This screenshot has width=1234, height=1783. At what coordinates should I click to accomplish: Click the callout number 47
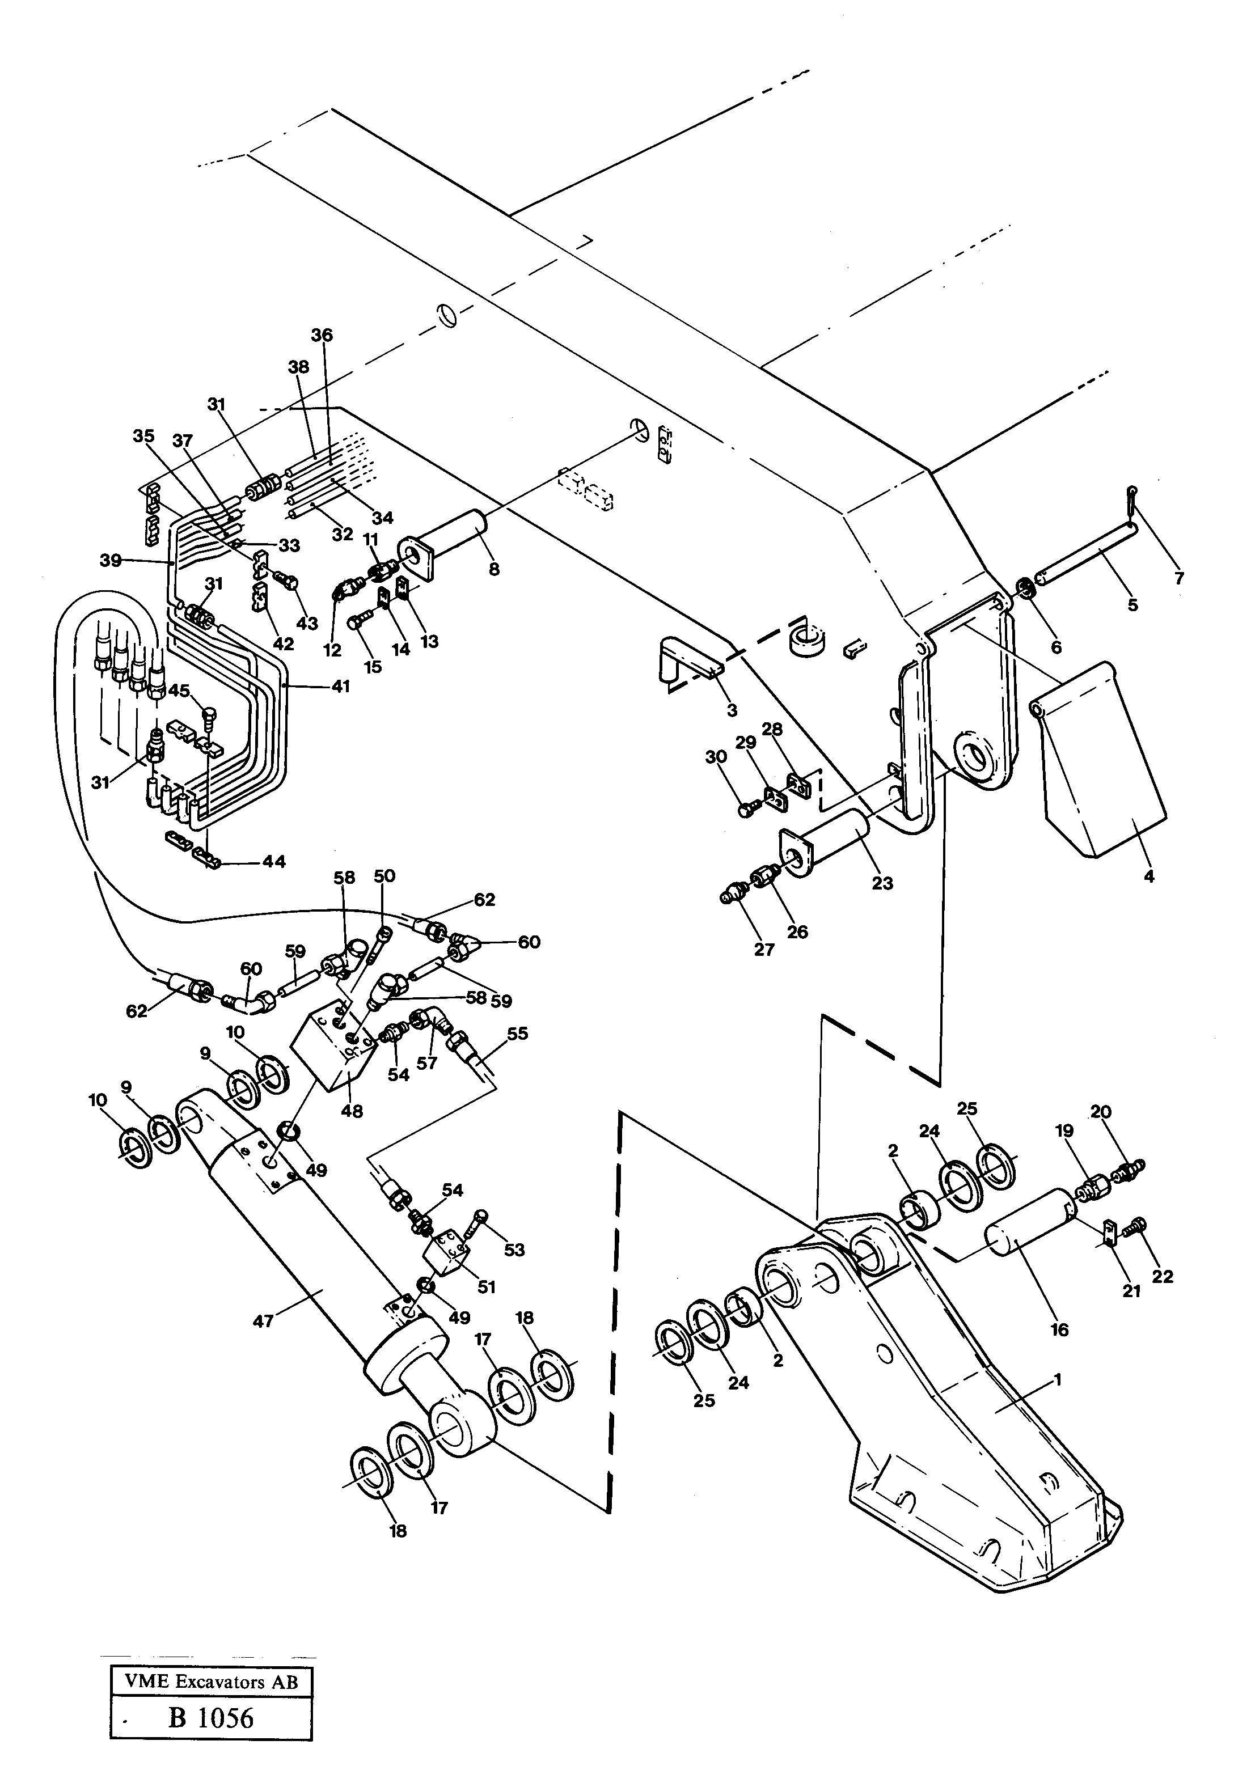[264, 1321]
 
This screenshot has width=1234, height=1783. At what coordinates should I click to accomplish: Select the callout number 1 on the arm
[1058, 1379]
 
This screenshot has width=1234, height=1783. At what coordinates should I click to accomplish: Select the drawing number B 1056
[211, 1717]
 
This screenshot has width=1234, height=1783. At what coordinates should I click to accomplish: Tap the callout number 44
[274, 861]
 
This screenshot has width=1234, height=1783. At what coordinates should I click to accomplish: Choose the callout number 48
[352, 1111]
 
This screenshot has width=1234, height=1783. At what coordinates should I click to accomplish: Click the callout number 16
[1059, 1329]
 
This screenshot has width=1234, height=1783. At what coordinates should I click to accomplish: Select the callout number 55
[517, 1034]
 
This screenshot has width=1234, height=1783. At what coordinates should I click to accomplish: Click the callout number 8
[494, 570]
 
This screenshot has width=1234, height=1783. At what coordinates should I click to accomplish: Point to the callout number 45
[179, 690]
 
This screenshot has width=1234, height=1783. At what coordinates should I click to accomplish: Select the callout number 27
[764, 949]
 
